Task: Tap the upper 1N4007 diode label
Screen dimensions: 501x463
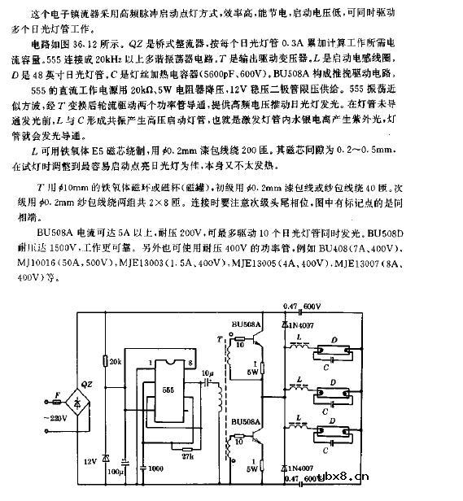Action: [x=304, y=325]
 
